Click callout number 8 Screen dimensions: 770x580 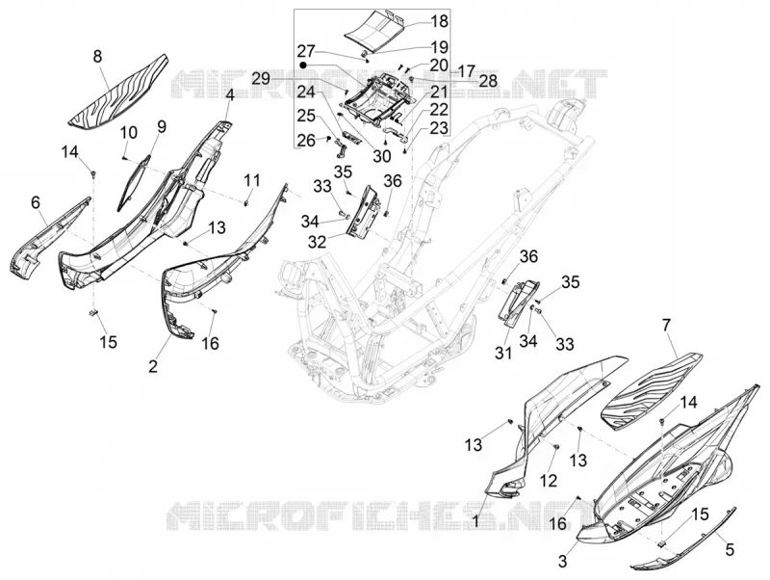pos(98,57)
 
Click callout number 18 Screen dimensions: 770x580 pos(440,21)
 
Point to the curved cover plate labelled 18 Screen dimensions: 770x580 pos(376,31)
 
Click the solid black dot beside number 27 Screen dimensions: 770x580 pos(303,65)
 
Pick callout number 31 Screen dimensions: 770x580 pos(502,353)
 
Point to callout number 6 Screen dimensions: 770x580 pos(36,202)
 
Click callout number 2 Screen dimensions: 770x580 pos(153,366)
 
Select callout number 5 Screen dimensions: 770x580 pos(730,549)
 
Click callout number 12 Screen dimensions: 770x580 pos(549,480)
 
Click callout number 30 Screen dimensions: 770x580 pos(381,156)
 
